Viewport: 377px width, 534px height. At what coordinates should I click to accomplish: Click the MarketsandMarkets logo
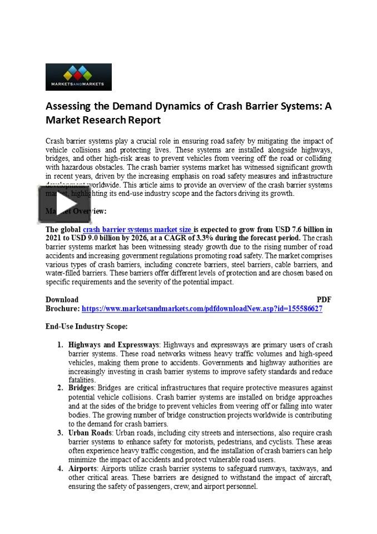point(78,77)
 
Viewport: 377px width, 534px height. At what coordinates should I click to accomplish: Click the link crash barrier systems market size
point(137,229)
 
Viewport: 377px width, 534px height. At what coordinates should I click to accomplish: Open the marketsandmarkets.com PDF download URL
point(202,309)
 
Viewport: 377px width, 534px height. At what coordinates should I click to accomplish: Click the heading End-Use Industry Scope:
point(86,326)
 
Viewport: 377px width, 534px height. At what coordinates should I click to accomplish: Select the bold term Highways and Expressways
point(114,345)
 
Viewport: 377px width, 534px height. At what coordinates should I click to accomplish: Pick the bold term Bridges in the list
point(81,388)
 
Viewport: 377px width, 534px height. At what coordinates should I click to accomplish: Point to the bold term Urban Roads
point(90,433)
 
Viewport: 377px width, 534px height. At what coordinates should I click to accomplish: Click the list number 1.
point(60,345)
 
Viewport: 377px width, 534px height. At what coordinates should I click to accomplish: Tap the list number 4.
point(60,469)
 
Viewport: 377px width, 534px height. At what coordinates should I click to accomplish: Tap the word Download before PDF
point(62,299)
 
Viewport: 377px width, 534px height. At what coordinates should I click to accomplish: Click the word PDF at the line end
point(324,299)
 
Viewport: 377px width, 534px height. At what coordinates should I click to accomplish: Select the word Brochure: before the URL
point(62,309)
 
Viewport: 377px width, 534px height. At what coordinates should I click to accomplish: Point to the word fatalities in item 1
point(82,380)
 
